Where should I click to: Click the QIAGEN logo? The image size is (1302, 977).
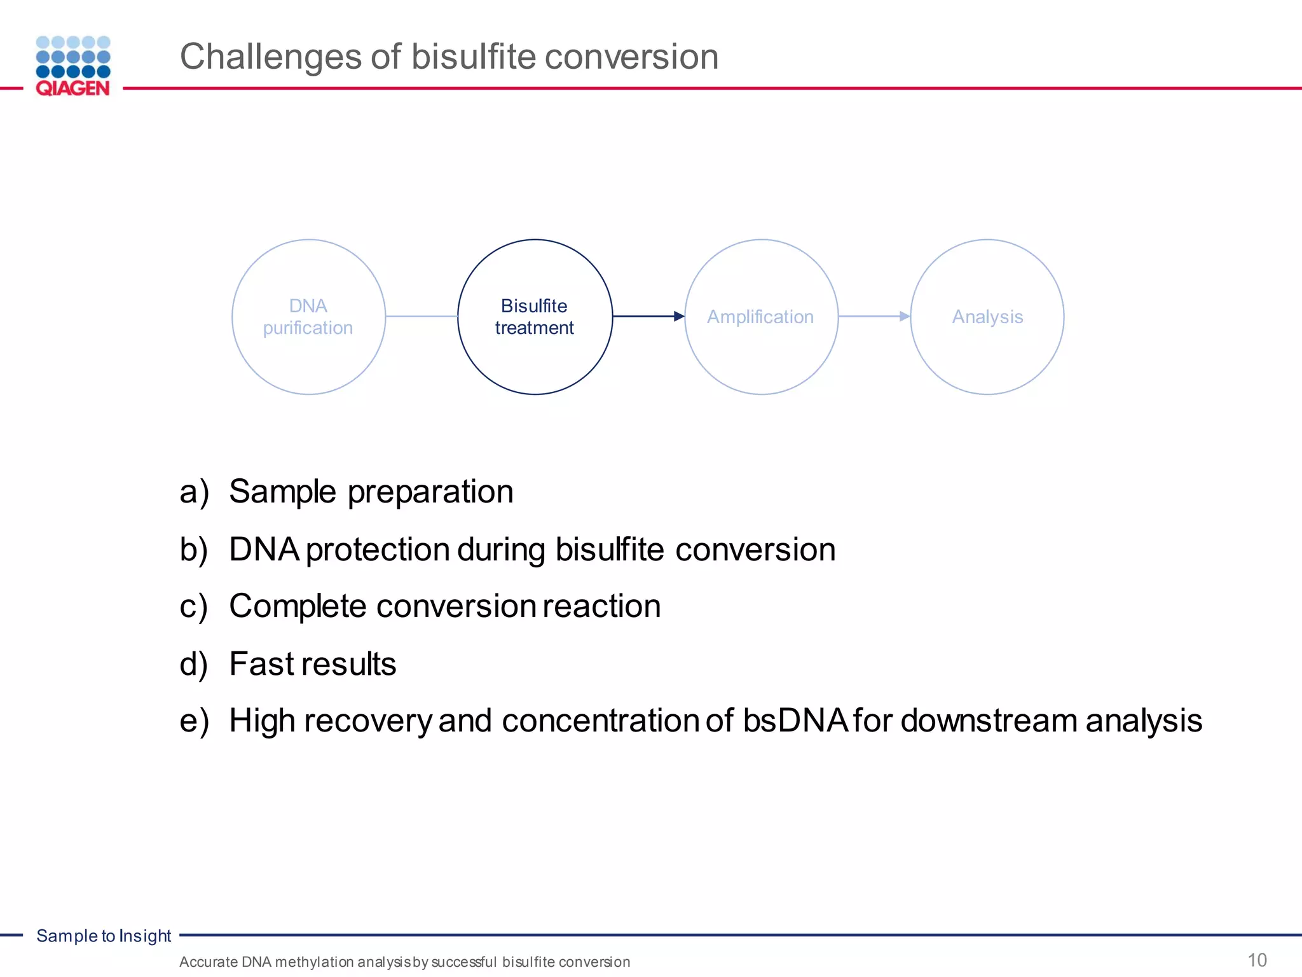coord(73,66)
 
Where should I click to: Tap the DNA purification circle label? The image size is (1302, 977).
coord(308,317)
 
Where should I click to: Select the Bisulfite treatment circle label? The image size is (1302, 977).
coord(534,317)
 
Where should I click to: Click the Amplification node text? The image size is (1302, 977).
coord(760,317)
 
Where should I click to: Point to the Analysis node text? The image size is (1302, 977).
coord(987,317)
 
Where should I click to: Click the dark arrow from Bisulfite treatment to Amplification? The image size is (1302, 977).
coord(648,316)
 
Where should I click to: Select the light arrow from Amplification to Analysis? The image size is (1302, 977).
coord(874,316)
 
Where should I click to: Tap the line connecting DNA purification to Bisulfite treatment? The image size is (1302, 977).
coord(421,316)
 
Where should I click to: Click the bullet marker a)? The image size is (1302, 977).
coord(194,492)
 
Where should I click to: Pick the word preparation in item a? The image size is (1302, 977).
coord(430,492)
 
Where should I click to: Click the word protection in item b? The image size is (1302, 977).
coord(378,550)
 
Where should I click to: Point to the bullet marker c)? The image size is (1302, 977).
coord(194,607)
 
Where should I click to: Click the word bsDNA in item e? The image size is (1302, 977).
coord(795,721)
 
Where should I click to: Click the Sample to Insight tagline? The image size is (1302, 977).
coord(104,936)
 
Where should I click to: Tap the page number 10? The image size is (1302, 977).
coord(1257,960)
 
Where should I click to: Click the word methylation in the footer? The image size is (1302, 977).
coord(315,962)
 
